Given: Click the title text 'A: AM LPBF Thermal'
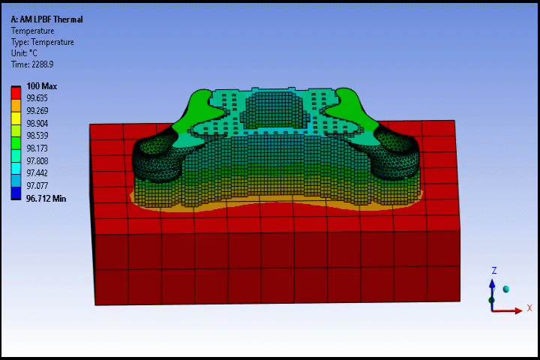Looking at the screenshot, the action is coord(46,19).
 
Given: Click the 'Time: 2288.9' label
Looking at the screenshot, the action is coord(32,64).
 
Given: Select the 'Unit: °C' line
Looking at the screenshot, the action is coord(24,53).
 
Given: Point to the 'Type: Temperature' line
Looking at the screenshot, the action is coord(42,42).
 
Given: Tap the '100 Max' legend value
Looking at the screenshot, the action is coord(42,86).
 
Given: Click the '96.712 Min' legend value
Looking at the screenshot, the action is coord(46,199).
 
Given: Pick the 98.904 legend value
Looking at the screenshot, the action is coord(37,123).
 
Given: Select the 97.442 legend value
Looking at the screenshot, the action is coord(37,173).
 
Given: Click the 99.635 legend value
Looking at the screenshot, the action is coord(37,98).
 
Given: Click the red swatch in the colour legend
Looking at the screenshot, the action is coord(16,93).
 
